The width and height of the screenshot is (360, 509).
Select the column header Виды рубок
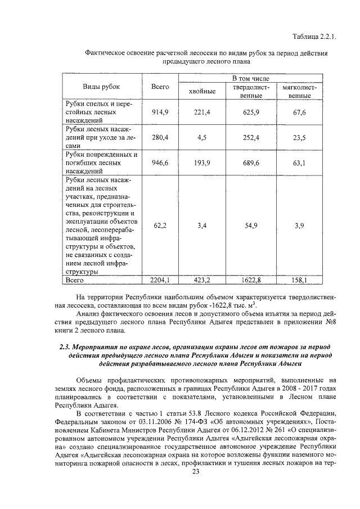click(x=101, y=87)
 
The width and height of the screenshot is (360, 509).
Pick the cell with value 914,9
click(x=160, y=112)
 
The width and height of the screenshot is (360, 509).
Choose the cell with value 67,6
click(x=299, y=112)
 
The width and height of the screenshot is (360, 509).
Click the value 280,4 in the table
click(x=160, y=137)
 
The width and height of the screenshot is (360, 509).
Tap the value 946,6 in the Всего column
click(x=160, y=163)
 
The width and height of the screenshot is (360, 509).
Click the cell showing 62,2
click(x=160, y=225)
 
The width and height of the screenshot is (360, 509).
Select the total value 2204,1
click(x=160, y=279)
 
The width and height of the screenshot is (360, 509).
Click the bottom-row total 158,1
click(x=299, y=279)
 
